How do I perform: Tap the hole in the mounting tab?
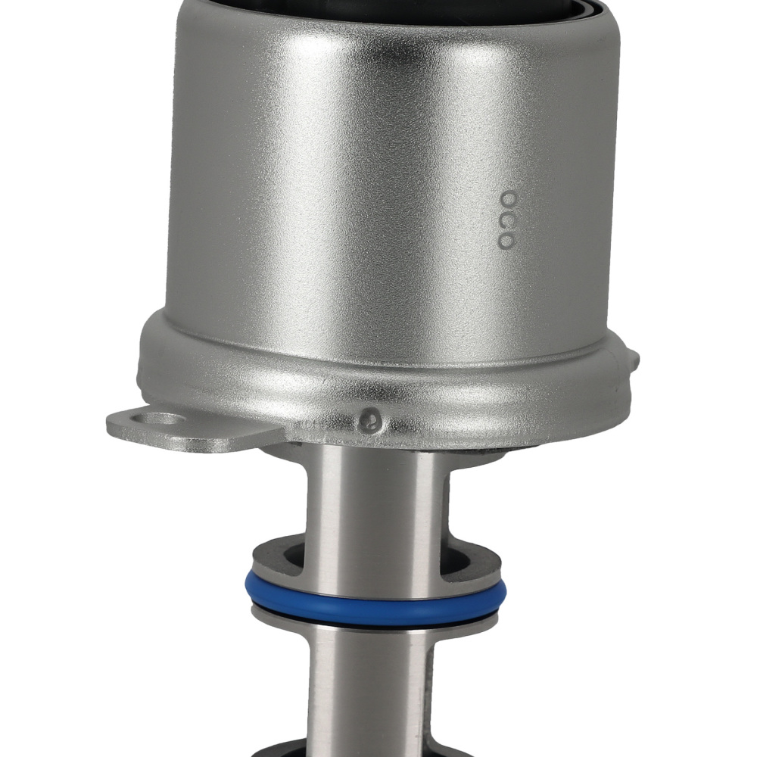(x=160, y=418)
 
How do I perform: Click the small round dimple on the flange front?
(x=369, y=416)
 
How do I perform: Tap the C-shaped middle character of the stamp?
(x=506, y=219)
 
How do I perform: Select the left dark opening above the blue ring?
(x=284, y=559)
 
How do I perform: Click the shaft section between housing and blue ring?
(x=371, y=507)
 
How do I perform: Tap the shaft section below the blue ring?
(x=371, y=689)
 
